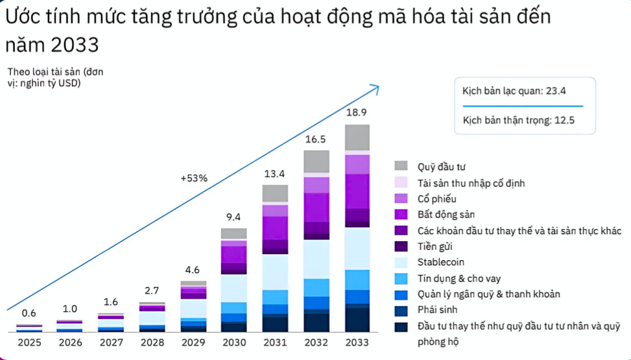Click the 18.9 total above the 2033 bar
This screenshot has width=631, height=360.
pyautogui.click(x=357, y=113)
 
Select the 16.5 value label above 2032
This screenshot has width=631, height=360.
pyautogui.click(x=316, y=139)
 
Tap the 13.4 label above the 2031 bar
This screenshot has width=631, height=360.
pyautogui.click(x=275, y=173)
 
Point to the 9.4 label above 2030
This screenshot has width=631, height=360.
pyautogui.click(x=233, y=217)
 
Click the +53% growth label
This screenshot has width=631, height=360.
pyautogui.click(x=194, y=178)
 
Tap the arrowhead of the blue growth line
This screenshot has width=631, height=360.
pyautogui.click(x=375, y=86)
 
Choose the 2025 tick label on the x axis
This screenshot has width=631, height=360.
pyautogui.click(x=29, y=342)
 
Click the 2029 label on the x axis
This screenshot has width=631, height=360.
pyautogui.click(x=193, y=342)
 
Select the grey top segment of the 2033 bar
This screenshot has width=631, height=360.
pyautogui.click(x=357, y=137)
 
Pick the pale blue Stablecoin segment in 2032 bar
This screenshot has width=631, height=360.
pyautogui.click(x=316, y=259)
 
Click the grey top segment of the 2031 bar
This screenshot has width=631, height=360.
pyautogui.click(x=275, y=193)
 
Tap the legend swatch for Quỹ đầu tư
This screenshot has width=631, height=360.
pyautogui.click(x=401, y=166)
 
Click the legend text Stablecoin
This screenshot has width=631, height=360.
pyautogui.click(x=442, y=262)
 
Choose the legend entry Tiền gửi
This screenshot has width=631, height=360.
pyautogui.click(x=435, y=246)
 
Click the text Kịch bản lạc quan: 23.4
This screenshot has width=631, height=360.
pyautogui.click(x=514, y=91)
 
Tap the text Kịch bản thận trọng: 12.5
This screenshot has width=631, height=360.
pyautogui.click(x=519, y=120)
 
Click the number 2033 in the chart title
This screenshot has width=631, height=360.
pyautogui.click(x=71, y=45)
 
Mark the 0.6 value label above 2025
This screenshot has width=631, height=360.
pyautogui.click(x=29, y=313)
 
